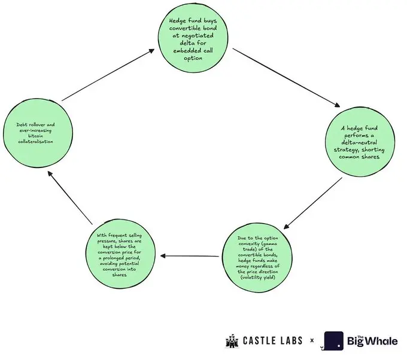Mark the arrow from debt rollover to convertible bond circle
(108, 76)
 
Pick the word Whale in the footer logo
(381, 343)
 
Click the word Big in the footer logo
(356, 343)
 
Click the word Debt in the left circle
(23, 124)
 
